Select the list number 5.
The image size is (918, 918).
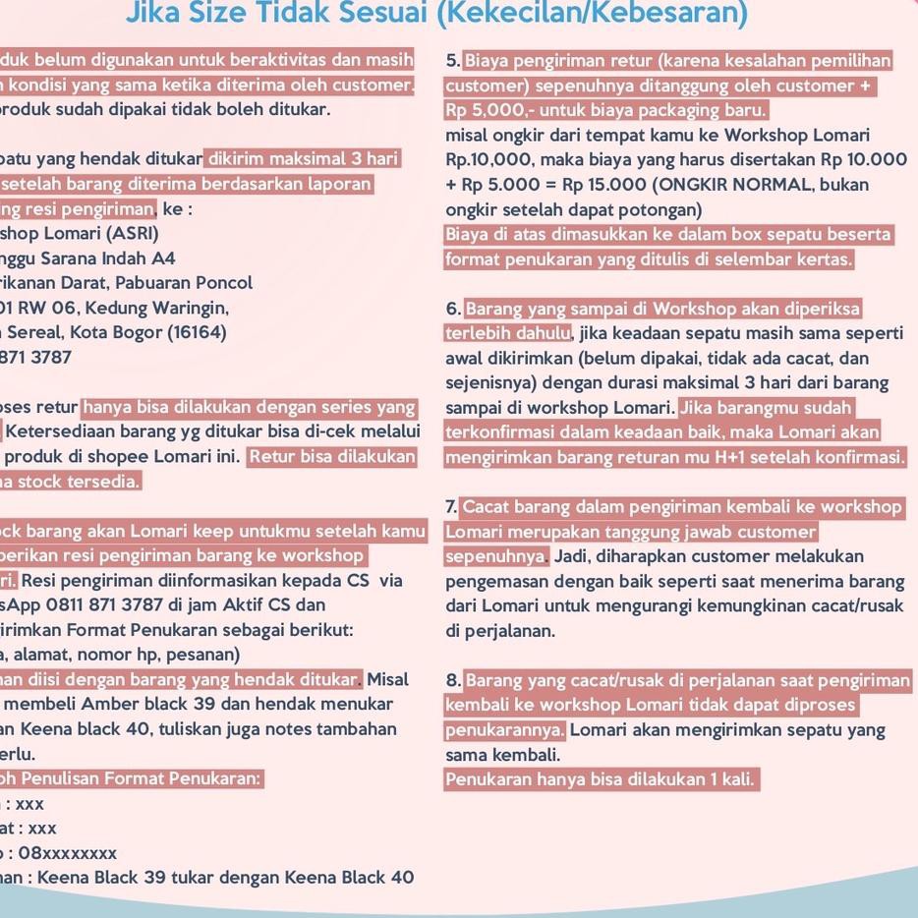coord(452,61)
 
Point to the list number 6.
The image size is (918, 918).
coord(452,310)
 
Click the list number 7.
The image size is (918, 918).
coord(451,507)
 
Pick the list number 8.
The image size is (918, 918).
coord(452,680)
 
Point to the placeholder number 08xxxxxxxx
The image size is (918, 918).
coord(67,853)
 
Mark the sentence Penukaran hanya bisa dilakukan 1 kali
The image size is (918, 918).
coord(600,779)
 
